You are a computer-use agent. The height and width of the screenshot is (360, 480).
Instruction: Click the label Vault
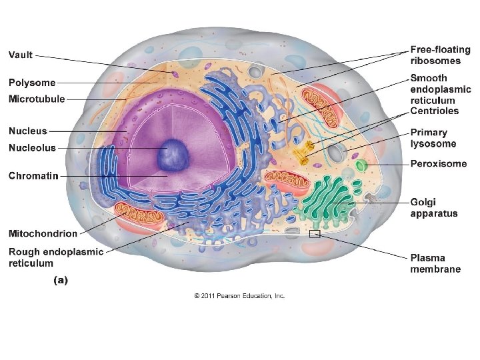[21, 55]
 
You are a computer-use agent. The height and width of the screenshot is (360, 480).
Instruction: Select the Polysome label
[32, 83]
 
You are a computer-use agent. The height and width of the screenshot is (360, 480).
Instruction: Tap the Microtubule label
[37, 99]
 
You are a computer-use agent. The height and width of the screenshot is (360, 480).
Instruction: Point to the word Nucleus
[28, 131]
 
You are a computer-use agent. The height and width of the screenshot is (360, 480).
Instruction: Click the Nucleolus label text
[32, 147]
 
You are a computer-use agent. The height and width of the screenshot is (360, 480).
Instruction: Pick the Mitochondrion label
[43, 233]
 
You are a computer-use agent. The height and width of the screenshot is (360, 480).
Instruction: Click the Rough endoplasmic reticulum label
[56, 257]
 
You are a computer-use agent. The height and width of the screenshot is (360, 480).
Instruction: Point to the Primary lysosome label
[433, 138]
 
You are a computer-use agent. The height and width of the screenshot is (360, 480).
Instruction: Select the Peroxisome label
[439, 164]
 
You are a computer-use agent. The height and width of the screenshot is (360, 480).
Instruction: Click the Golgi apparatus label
[434, 207]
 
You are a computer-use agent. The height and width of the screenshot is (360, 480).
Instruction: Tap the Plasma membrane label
[435, 263]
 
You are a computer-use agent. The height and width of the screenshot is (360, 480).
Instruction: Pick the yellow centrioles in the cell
[307, 152]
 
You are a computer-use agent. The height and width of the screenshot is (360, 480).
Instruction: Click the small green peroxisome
[361, 165]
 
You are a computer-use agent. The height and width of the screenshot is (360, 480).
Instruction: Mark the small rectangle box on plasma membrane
[315, 234]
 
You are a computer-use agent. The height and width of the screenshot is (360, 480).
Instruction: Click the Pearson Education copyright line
[239, 295]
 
